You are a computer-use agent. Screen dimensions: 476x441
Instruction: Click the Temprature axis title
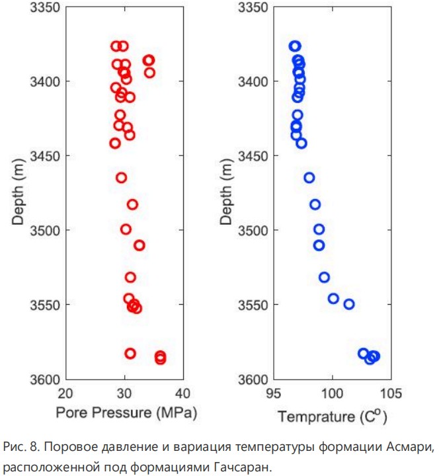pos(332,416)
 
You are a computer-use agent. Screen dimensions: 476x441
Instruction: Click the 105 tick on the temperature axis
pos(390,394)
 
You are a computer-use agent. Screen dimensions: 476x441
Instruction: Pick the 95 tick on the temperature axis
pos(273,394)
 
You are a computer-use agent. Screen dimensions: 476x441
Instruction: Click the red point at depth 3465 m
pos(122,177)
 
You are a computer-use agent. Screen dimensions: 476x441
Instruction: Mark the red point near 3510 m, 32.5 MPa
pos(139,245)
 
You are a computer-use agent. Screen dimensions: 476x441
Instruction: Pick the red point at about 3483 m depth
pos(132,204)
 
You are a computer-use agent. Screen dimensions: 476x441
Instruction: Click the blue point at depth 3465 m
pos(309,177)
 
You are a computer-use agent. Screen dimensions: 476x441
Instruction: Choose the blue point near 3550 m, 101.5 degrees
pos(349,304)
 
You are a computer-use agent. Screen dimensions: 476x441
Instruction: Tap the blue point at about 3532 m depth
pos(324,278)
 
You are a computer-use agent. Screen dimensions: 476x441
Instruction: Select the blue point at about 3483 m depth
pos(315,204)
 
